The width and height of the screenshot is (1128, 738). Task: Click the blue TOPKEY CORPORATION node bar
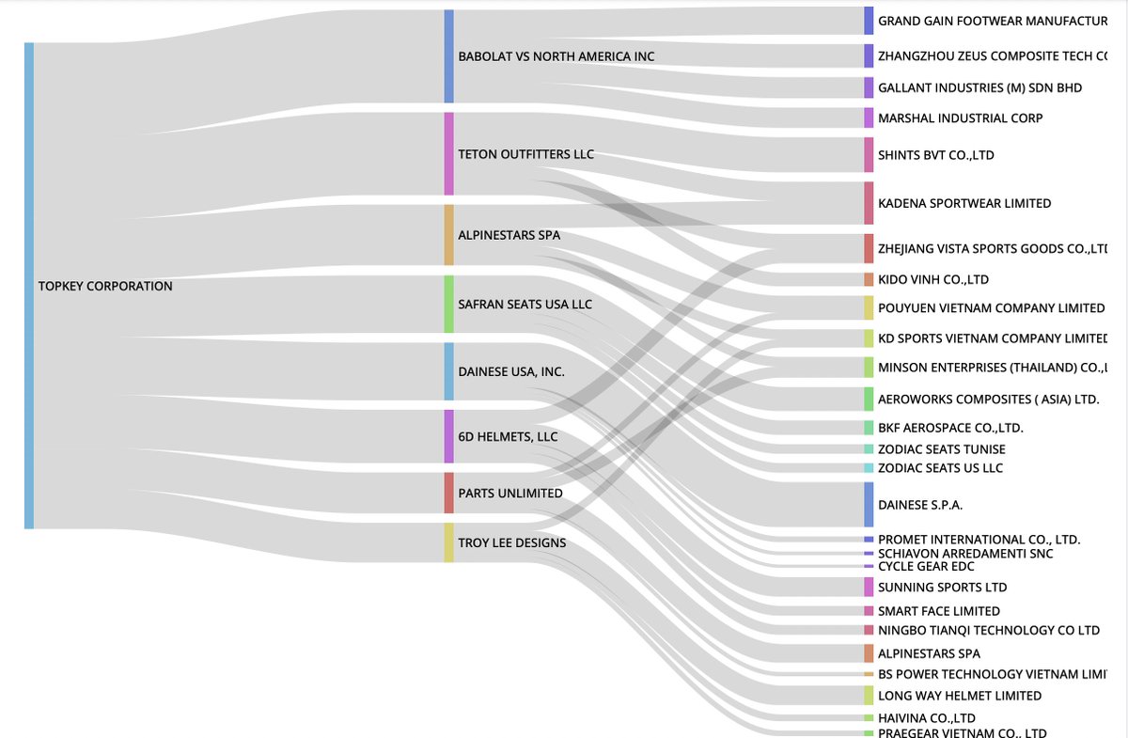coord(29,285)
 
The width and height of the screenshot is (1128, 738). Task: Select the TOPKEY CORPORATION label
coord(105,286)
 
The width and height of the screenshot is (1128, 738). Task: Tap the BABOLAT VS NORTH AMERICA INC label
coord(556,56)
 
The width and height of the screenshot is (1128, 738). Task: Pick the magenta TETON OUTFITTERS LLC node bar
coord(448,154)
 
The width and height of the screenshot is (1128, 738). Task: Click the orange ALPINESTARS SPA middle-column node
coord(448,235)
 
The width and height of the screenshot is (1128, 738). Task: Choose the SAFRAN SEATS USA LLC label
coord(525,305)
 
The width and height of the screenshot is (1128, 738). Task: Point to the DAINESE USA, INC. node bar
coord(448,371)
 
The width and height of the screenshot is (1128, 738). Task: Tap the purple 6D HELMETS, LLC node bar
coord(448,436)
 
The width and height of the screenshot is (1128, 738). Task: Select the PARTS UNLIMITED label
coord(510,494)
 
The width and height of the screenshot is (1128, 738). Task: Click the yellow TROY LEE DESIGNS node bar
coord(448,542)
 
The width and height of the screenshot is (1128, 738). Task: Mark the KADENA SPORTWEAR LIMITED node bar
coord(869,203)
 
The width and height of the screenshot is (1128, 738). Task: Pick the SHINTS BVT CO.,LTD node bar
coord(869,154)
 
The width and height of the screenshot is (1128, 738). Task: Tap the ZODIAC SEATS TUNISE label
coord(941,449)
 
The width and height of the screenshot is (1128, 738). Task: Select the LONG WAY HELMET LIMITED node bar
coord(869,696)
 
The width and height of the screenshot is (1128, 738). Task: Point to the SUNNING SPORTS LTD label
coord(942,588)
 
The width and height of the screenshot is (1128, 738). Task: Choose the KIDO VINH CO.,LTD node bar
coord(869,279)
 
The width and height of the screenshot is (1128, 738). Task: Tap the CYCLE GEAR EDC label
coord(926,567)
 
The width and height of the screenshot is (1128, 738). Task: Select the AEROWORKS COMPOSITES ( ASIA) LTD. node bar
coord(869,399)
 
